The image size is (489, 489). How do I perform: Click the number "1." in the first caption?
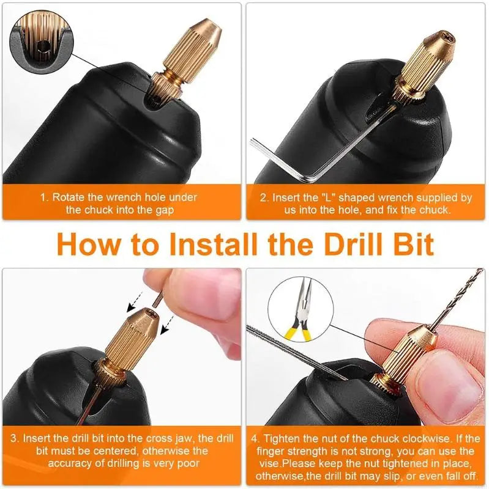(x=45, y=198)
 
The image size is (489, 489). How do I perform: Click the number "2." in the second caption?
(x=264, y=198)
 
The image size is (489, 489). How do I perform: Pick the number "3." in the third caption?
(x=15, y=438)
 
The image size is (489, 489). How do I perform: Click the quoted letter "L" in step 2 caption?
(x=325, y=198)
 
